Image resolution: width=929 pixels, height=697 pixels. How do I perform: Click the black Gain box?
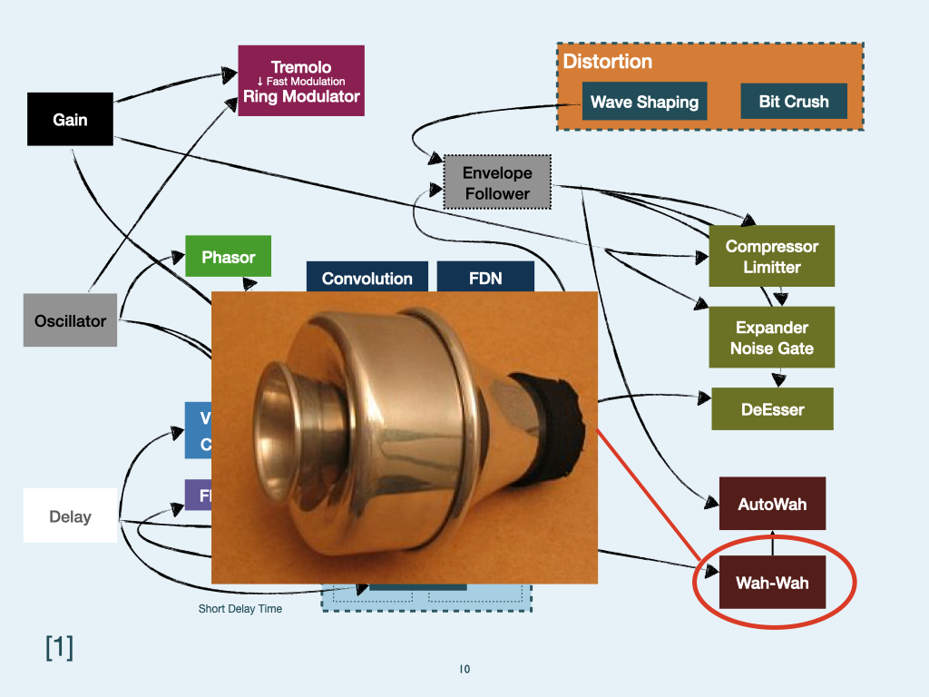pyautogui.click(x=70, y=119)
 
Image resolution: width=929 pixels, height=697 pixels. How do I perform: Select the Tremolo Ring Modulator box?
pyautogui.click(x=301, y=81)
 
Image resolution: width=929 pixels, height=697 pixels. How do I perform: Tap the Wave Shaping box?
pyautogui.click(x=644, y=102)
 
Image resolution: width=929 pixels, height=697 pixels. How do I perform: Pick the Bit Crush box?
pyautogui.click(x=794, y=102)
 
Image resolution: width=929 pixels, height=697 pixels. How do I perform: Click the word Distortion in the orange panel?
pyautogui.click(x=607, y=62)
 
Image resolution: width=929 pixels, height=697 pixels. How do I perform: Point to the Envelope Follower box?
pyautogui.click(x=497, y=182)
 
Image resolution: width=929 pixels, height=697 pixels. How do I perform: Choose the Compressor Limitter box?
pyautogui.click(x=772, y=256)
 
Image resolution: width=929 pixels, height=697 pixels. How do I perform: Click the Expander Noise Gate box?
pyautogui.click(x=772, y=338)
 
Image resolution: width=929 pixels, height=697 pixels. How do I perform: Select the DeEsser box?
pyautogui.click(x=771, y=409)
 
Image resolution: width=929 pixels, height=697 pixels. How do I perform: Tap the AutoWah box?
pyautogui.click(x=772, y=504)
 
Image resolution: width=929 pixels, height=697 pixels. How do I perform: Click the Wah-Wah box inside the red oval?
pyautogui.click(x=772, y=583)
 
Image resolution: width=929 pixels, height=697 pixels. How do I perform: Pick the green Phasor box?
pyautogui.click(x=228, y=257)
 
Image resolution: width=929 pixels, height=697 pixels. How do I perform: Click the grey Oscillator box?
pyautogui.click(x=70, y=320)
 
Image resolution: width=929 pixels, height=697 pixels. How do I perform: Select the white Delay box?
pyautogui.click(x=70, y=516)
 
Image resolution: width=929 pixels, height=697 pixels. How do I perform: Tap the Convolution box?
pyautogui.click(x=367, y=278)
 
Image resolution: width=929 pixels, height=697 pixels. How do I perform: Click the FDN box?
pyautogui.click(x=485, y=278)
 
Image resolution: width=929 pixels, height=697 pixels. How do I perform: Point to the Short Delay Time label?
pyautogui.click(x=240, y=609)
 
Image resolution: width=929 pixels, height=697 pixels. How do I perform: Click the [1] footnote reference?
pyautogui.click(x=59, y=647)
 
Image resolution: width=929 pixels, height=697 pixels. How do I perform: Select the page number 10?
pyautogui.click(x=464, y=670)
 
